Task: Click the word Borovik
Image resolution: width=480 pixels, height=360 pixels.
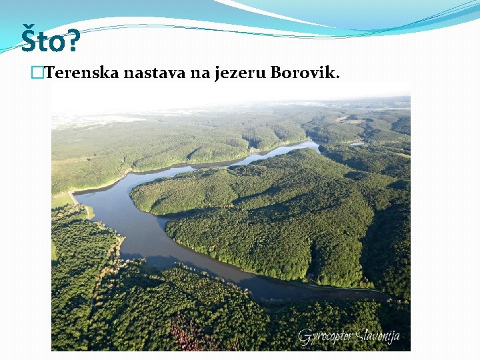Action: [303, 73]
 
